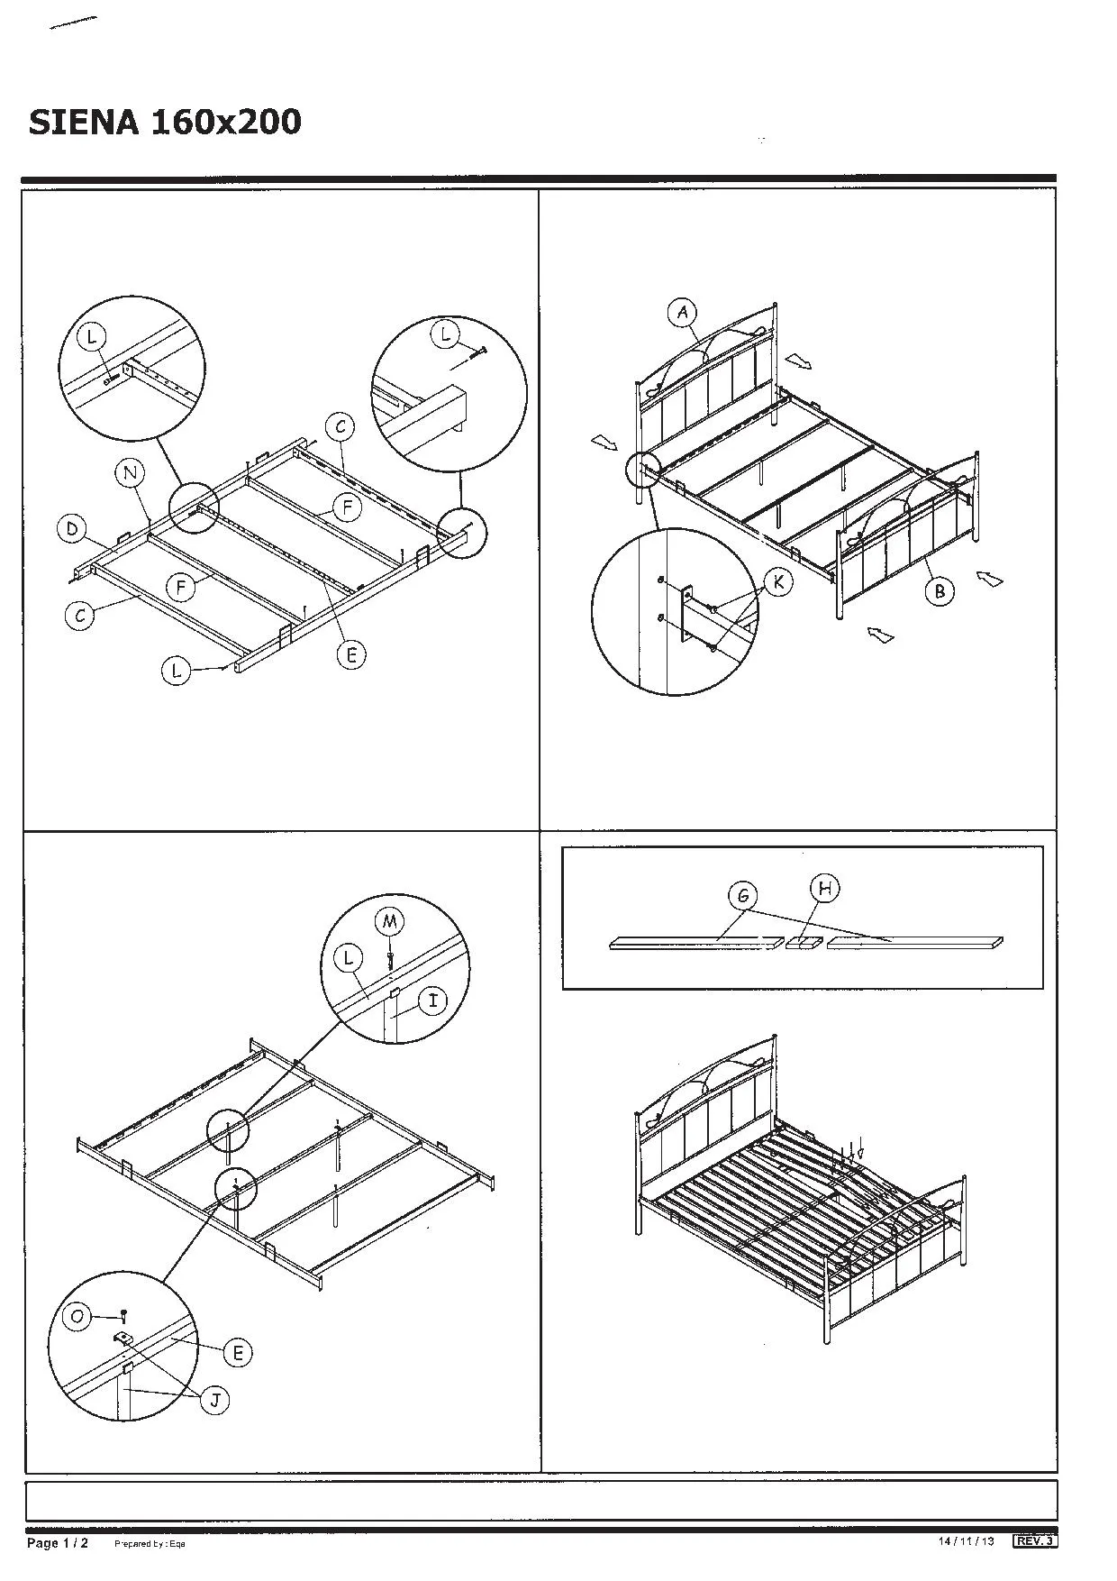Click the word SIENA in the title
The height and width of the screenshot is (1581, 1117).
pyautogui.click(x=83, y=122)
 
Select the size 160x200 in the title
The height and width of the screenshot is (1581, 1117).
pyautogui.click(x=226, y=122)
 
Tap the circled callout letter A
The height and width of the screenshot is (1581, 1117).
pyautogui.click(x=683, y=313)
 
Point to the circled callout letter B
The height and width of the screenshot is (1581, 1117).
pyautogui.click(x=940, y=591)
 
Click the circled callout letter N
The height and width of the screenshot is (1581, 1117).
pyautogui.click(x=130, y=472)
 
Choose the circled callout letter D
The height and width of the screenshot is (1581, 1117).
pyautogui.click(x=71, y=528)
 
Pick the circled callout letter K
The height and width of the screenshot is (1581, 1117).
pyautogui.click(x=778, y=582)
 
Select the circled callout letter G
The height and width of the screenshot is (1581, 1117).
pyautogui.click(x=743, y=896)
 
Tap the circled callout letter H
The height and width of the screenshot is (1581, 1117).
pyautogui.click(x=824, y=888)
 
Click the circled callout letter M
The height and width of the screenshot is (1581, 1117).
pyautogui.click(x=389, y=920)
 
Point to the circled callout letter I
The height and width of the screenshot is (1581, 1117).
pyautogui.click(x=434, y=1001)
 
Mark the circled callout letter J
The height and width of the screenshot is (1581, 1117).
pyautogui.click(x=214, y=1400)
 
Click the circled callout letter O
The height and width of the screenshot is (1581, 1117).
pyautogui.click(x=77, y=1317)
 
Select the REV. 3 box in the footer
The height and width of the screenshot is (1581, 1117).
pyautogui.click(x=1035, y=1541)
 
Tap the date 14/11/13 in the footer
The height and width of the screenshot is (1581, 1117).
pyautogui.click(x=966, y=1541)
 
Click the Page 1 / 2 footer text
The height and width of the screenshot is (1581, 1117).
pyautogui.click(x=58, y=1543)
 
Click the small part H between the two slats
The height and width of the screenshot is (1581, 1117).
pyautogui.click(x=804, y=943)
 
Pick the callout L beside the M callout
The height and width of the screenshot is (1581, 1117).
pyautogui.click(x=349, y=958)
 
